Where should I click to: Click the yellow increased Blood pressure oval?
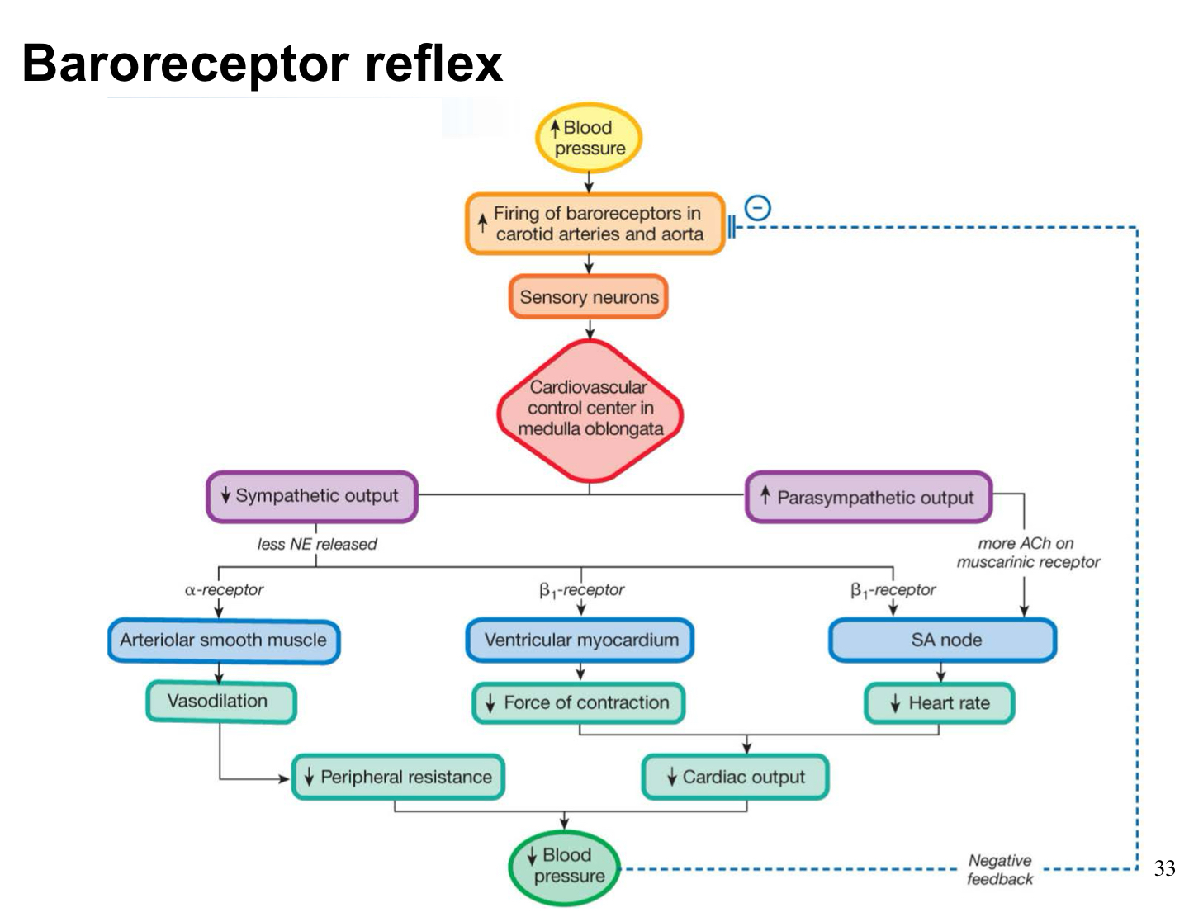point(589,138)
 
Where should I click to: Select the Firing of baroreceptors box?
point(594,224)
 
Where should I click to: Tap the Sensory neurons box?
point(589,297)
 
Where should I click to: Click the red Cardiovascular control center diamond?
point(590,409)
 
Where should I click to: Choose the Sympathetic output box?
point(311,496)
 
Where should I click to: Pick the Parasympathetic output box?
point(868,498)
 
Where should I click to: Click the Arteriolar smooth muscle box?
point(223,640)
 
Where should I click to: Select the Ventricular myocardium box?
point(580,640)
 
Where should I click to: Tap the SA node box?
point(942,640)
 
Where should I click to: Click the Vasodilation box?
point(220,702)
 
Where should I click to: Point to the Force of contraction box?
point(578,703)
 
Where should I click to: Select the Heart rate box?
point(939,703)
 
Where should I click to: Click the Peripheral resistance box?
point(398,777)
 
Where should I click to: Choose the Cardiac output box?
point(735,777)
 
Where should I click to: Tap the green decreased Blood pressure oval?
point(564,867)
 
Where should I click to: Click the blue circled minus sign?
point(757,208)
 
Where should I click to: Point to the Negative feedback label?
point(1000,870)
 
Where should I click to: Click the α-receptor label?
point(224,590)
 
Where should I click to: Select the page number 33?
point(1164,868)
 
